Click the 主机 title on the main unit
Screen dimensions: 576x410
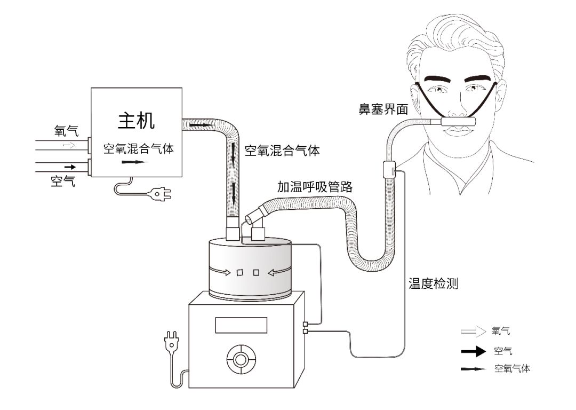click(x=137, y=120)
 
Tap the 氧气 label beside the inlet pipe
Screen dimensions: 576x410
click(x=67, y=131)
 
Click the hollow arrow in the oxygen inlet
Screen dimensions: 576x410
click(x=69, y=145)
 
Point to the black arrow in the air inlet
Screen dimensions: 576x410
click(x=70, y=167)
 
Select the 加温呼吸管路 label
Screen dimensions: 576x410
click(x=315, y=187)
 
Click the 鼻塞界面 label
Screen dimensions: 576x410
click(x=383, y=109)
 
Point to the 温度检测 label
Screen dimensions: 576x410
click(x=433, y=283)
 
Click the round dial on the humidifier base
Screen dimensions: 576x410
click(x=242, y=359)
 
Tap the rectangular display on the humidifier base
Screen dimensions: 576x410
click(x=241, y=325)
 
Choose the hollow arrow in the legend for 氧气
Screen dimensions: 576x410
click(x=474, y=332)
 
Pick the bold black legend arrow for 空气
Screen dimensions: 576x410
click(x=474, y=351)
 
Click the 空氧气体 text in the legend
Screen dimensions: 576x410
click(x=512, y=368)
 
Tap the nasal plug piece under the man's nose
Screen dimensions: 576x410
click(x=458, y=122)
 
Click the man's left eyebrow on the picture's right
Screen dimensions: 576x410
click(x=478, y=78)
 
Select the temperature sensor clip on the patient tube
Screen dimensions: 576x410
click(x=389, y=170)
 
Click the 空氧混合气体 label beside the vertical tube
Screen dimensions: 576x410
click(x=282, y=151)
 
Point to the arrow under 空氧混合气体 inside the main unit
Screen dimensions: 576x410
click(x=135, y=162)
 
